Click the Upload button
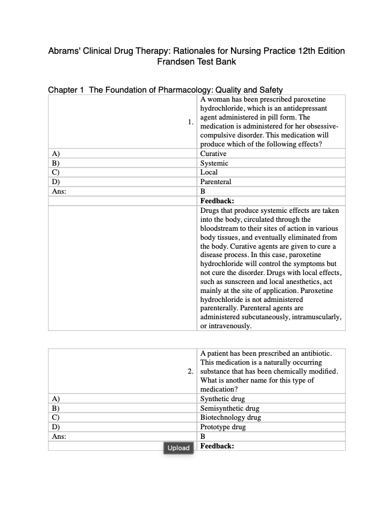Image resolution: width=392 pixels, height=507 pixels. coord(178,447)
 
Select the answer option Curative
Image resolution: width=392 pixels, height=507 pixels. coord(213,154)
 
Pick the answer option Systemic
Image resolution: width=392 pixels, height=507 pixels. coord(214,163)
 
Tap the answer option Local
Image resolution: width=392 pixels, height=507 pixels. coord(209,172)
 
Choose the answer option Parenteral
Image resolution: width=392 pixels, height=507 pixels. coord(215,182)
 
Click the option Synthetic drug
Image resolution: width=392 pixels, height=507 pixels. coord(223,399)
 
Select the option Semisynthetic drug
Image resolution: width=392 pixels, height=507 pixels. coord(230,408)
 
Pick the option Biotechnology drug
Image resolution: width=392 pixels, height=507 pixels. coord(230,417)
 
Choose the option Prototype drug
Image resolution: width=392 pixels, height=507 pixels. coord(223,427)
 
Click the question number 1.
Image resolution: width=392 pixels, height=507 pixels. coord(190,123)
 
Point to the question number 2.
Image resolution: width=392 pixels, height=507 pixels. coord(190,371)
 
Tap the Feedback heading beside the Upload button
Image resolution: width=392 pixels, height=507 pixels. coord(217,446)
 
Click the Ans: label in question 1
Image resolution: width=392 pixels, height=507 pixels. coord(58,191)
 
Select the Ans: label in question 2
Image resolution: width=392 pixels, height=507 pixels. coord(58,436)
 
